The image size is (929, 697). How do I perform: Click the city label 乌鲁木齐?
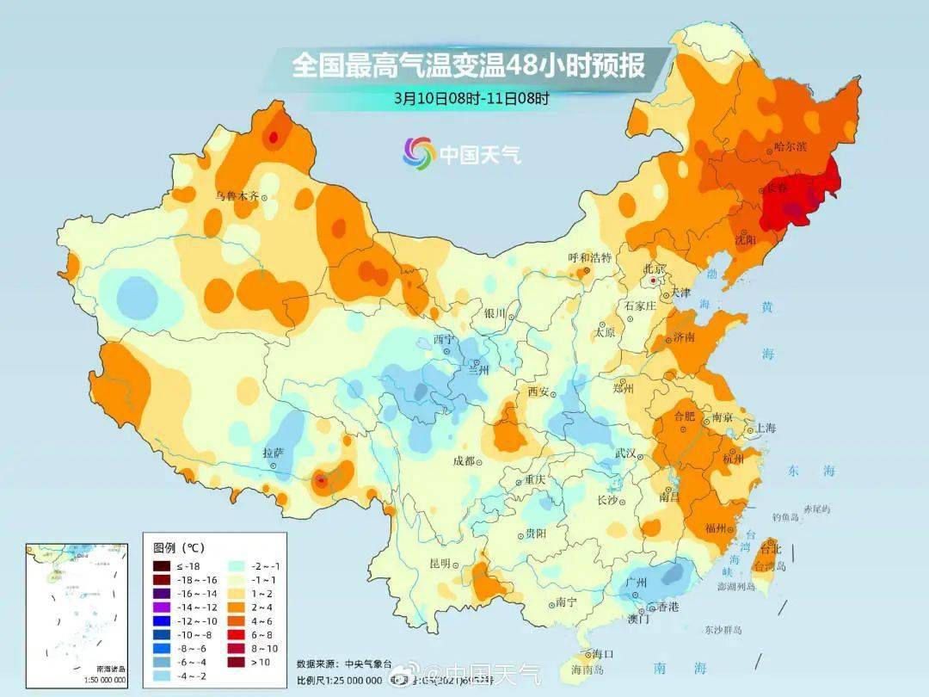[x=237, y=196]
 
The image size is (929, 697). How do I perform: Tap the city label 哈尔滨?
[x=790, y=147]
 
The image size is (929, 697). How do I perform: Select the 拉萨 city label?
[x=274, y=452]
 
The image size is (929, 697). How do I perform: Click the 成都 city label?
[x=463, y=461]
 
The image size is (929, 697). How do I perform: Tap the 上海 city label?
[x=765, y=428]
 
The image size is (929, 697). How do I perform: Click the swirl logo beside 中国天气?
[x=419, y=153]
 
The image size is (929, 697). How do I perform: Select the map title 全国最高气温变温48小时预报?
[x=468, y=65]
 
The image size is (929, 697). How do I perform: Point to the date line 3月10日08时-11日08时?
[x=471, y=97]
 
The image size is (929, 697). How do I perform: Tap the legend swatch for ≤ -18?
[x=161, y=565]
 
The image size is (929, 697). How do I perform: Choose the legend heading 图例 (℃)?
[x=179, y=547]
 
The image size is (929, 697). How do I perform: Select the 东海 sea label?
[x=811, y=471]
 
